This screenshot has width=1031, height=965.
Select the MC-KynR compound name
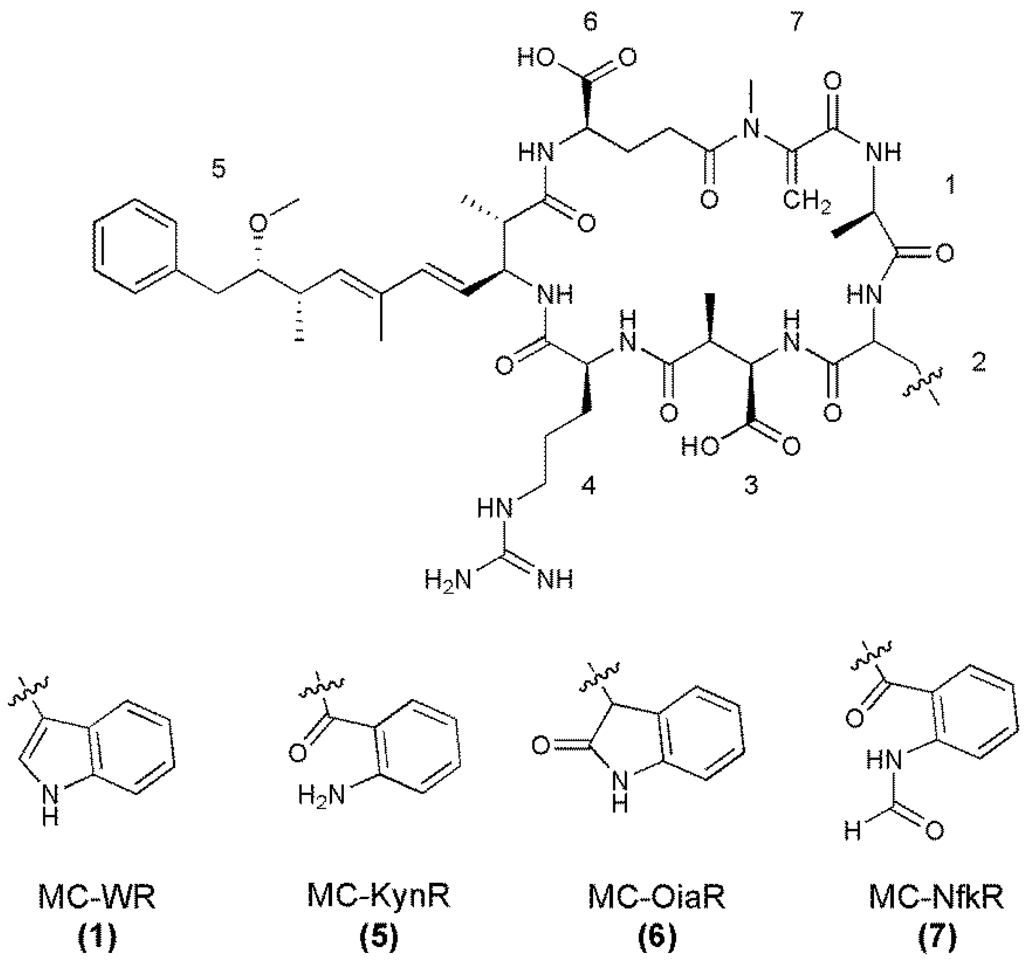379,895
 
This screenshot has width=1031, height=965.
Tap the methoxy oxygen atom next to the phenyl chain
258,223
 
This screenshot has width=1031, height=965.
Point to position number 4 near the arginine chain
588,486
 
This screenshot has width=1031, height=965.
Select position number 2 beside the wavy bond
978,364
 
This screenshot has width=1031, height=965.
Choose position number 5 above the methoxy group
219,169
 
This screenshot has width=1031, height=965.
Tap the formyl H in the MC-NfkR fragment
852,832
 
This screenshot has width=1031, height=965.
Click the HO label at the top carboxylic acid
535,58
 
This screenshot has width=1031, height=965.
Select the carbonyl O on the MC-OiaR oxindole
541,746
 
